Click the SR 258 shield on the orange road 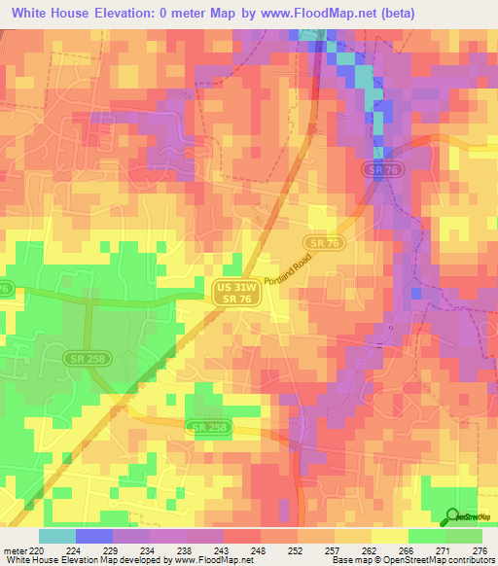tap(209, 428)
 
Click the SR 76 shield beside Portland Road tap(321, 242)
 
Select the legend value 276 tap(480, 549)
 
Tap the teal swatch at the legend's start tap(57, 536)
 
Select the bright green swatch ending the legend tap(464, 536)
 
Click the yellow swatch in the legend tap(389, 536)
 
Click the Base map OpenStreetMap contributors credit tap(410, 560)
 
